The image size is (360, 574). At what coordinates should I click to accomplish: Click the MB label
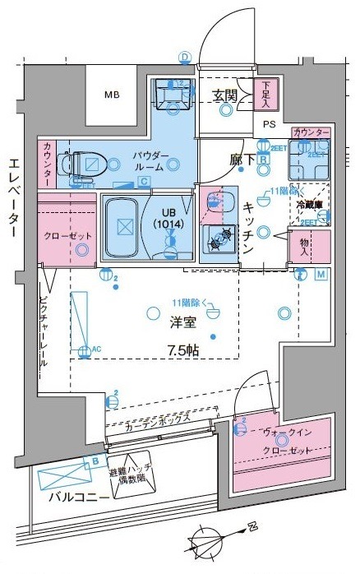coord(112,95)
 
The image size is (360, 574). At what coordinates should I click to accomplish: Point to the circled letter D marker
coord(185,57)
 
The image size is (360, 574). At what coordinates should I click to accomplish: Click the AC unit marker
coord(84,351)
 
